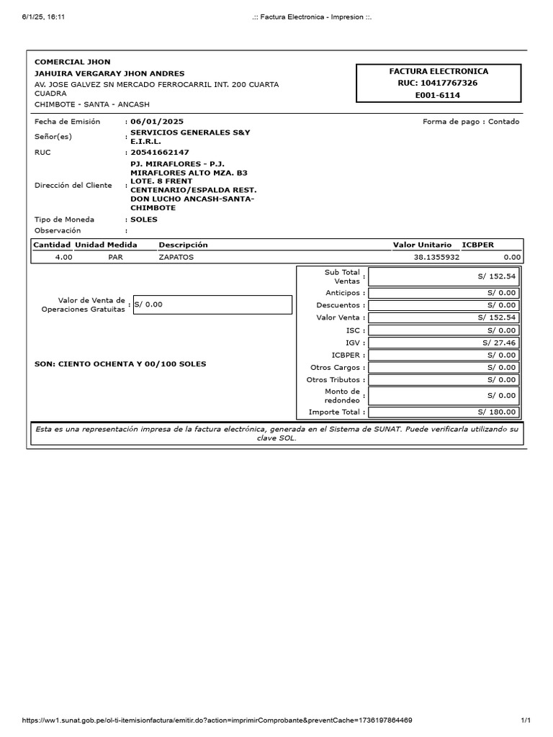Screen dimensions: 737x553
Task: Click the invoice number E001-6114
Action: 439,95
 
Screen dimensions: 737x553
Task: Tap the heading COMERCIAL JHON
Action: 73,62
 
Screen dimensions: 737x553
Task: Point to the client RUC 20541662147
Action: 160,153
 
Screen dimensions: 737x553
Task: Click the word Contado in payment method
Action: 503,122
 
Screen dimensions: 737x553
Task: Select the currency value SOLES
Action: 144,220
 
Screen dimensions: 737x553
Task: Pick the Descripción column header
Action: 183,245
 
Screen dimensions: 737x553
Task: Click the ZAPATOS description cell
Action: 176,257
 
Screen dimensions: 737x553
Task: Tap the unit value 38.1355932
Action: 436,257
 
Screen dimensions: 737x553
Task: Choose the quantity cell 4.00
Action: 64,257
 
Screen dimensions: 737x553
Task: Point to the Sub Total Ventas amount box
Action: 443,276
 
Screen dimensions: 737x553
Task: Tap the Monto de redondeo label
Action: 342,396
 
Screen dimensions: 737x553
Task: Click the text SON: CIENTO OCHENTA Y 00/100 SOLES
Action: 120,364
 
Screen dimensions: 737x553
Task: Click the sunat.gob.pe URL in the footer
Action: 217,720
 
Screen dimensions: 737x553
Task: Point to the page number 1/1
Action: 525,720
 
